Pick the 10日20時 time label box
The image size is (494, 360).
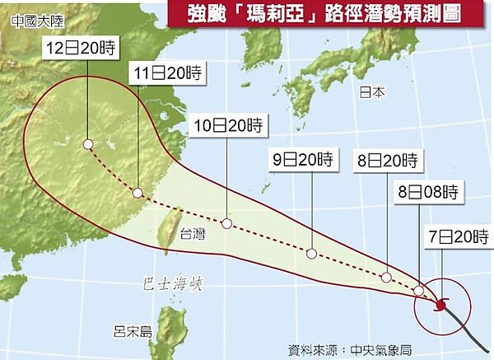(x=226, y=126)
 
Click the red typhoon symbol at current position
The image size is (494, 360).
(x=440, y=305)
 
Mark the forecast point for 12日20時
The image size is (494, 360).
(x=87, y=146)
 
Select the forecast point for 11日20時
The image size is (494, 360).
(x=137, y=194)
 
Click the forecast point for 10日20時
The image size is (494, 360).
(x=226, y=223)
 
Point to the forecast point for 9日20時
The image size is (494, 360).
(x=310, y=253)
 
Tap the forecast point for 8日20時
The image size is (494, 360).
(x=385, y=278)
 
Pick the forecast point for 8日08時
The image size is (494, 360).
(x=419, y=291)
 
